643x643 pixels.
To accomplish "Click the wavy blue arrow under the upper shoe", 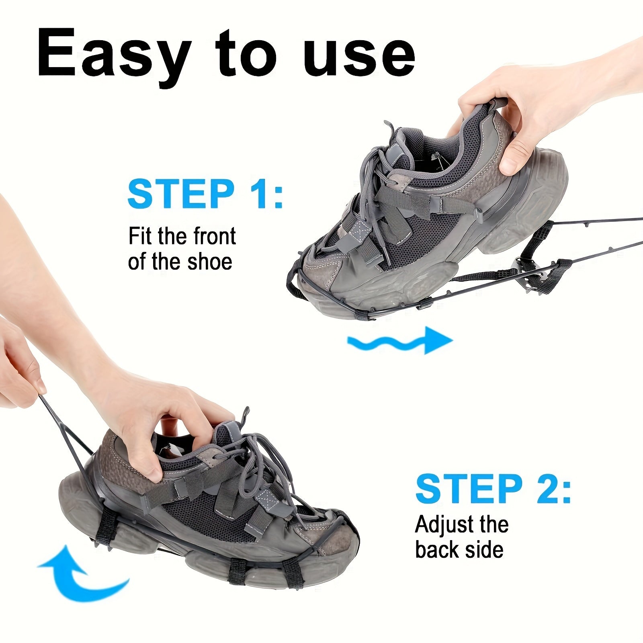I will [x=399, y=340].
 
